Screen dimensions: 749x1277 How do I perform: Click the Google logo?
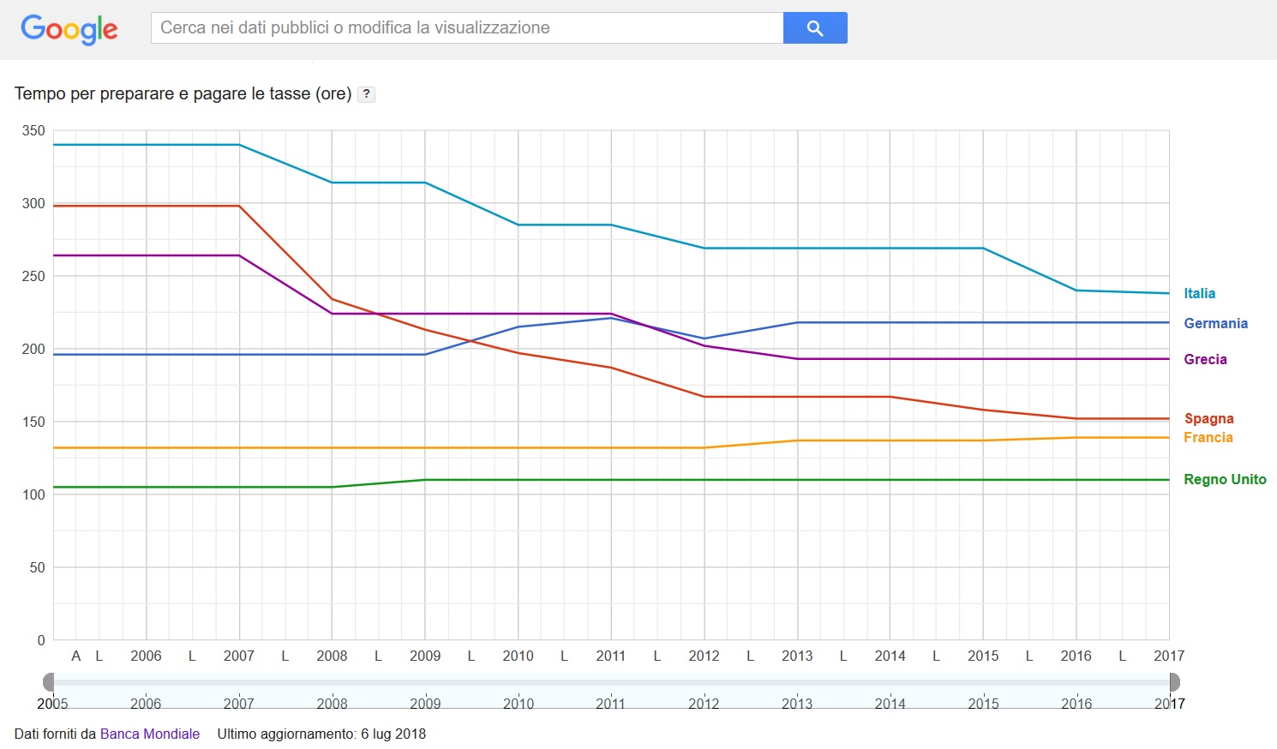pos(69,29)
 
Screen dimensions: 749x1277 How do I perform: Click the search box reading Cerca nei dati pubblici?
pos(467,27)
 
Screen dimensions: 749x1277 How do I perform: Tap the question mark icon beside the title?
pos(366,94)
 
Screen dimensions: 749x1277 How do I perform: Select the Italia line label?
pos(1199,293)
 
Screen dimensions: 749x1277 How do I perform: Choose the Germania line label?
pos(1215,323)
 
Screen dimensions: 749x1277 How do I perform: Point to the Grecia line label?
pos(1205,359)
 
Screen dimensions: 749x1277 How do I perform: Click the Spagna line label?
pos(1208,418)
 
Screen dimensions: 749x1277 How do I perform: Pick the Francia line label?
pos(1208,437)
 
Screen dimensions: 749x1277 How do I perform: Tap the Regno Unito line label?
pos(1224,479)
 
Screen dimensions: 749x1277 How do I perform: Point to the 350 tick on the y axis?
pos(33,131)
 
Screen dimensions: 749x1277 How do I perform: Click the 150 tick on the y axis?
pos(33,422)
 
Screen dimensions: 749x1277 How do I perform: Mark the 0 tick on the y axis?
pos(40,640)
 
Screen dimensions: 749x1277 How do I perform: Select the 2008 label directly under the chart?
pos(332,656)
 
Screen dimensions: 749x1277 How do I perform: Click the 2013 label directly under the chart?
pos(797,656)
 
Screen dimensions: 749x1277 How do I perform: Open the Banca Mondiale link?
pos(150,734)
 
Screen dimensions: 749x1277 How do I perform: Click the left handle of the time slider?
pos(49,682)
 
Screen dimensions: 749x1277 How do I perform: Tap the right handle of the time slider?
pos(1174,682)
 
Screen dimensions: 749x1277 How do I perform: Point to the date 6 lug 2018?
pos(393,734)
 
